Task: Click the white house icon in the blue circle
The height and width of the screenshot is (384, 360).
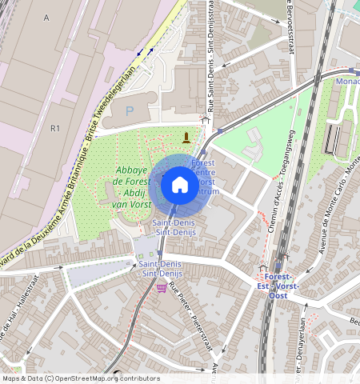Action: [x=180, y=186]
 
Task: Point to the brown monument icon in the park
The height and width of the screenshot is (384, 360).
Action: [x=187, y=137]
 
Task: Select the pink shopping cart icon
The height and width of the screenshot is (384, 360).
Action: [x=161, y=287]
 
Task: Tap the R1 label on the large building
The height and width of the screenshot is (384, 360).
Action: [x=55, y=128]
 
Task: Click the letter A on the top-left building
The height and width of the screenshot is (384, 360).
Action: [x=47, y=17]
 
